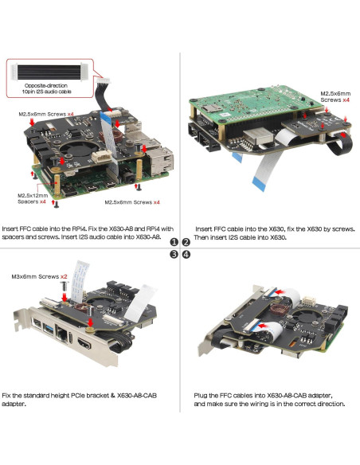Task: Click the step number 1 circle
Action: pos(174,241)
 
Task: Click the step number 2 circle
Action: pos(186,241)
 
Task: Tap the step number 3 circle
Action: pos(174,255)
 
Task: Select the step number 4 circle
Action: pos(186,255)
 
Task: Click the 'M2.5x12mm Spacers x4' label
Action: pos(32,197)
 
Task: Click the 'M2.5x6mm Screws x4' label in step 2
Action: pos(335,96)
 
